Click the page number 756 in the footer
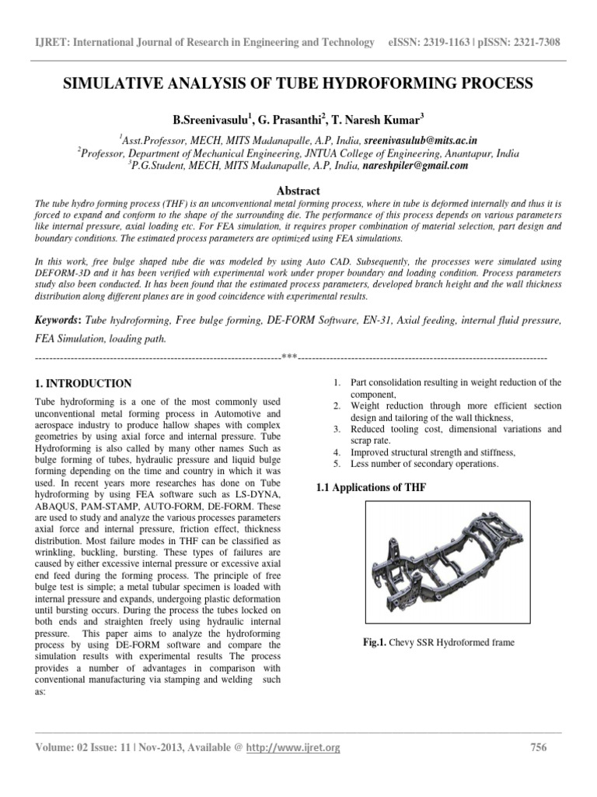coord(538,748)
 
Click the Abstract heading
coord(298,191)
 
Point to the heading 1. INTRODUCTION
coord(85,384)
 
